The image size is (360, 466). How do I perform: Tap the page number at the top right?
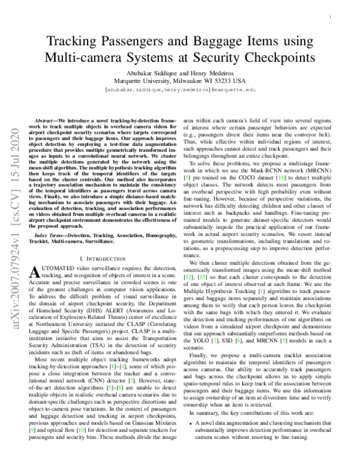click(x=331, y=19)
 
